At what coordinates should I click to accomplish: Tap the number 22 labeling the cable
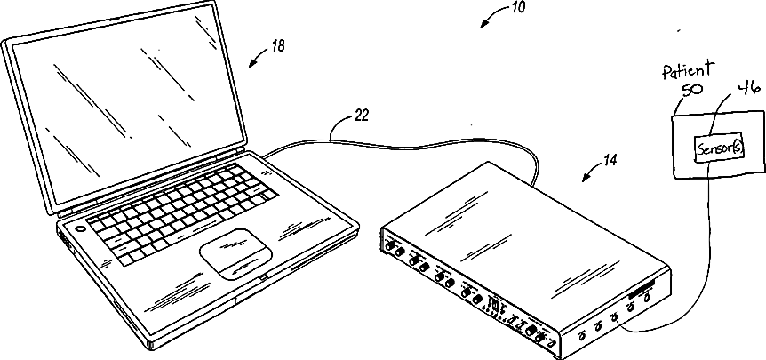[337, 115]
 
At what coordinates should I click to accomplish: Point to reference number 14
[610, 161]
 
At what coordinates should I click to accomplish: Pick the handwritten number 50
[691, 90]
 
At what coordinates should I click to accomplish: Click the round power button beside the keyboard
[82, 227]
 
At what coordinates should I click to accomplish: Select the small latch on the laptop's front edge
[264, 282]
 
